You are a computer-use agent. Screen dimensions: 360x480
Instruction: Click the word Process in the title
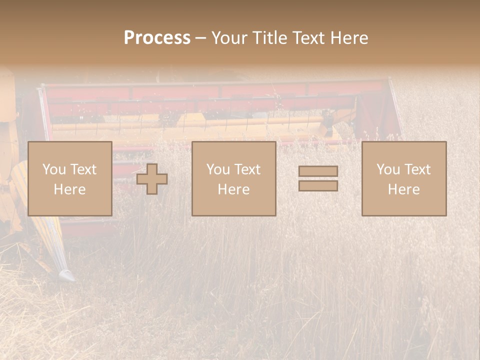coord(157,38)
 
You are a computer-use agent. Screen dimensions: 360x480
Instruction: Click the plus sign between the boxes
coord(152,179)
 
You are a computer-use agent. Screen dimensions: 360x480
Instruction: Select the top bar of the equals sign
coord(318,171)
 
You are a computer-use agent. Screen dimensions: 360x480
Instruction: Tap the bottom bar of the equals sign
coord(318,186)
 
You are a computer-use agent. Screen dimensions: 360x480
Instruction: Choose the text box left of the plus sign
coord(69,179)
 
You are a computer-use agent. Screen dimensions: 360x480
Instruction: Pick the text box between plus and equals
coord(233,179)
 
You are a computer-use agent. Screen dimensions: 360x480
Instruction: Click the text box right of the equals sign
coord(403,179)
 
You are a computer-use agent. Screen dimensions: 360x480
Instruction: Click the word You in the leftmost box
coord(53,169)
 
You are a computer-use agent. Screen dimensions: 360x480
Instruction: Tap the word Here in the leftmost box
coord(69,189)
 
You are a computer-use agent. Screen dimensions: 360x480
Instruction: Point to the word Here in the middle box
coord(233,189)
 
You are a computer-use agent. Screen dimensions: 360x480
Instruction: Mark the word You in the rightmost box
coord(387,169)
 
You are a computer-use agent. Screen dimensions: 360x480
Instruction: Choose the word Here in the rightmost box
coord(403,189)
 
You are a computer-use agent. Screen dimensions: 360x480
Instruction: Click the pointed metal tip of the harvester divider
coord(66,275)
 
